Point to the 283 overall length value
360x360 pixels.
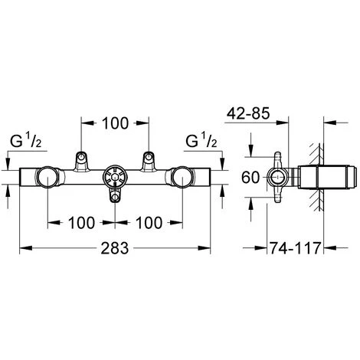[115, 250]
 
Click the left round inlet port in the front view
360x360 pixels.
[47, 178]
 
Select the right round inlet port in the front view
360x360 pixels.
[183, 178]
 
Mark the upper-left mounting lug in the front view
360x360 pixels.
[80, 159]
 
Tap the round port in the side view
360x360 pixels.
[278, 178]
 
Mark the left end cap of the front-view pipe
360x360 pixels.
[24, 179]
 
